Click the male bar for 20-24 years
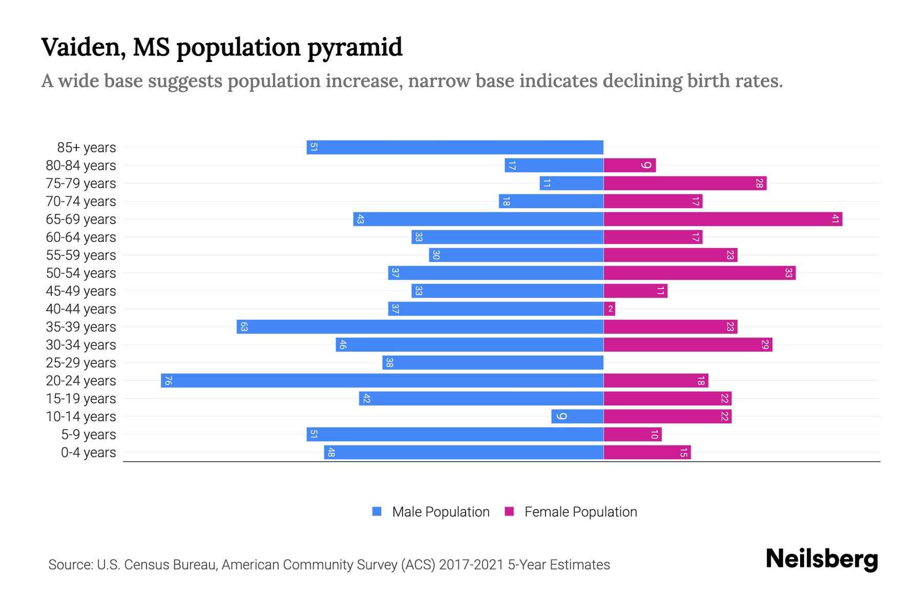tap(382, 380)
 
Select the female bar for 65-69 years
tap(723, 219)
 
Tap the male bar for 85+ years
tap(455, 147)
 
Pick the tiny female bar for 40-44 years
tap(610, 309)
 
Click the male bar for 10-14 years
tap(577, 416)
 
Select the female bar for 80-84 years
tap(630, 165)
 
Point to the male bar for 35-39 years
tap(420, 326)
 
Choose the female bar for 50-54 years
tap(700, 273)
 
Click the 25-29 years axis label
tap(81, 363)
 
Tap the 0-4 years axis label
tap(88, 453)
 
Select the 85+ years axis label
tap(87, 148)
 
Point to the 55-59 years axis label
tap(81, 255)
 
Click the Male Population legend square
tap(377, 511)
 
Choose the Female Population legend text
tap(580, 511)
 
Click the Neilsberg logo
tap(822, 559)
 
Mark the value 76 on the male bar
tap(168, 380)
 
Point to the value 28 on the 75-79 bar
tap(759, 183)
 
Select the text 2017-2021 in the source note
tap(471, 565)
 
